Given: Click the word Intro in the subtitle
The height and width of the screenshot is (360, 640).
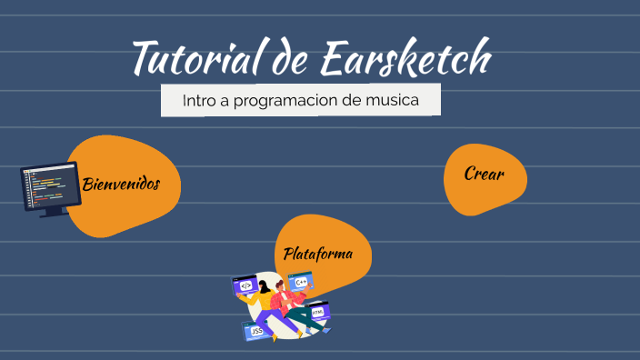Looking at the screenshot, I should (x=198, y=100).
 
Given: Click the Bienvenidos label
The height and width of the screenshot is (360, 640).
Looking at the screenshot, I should (x=121, y=185).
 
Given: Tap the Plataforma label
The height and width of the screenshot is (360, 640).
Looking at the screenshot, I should (x=318, y=254).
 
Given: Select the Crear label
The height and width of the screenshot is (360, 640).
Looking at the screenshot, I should (x=484, y=174).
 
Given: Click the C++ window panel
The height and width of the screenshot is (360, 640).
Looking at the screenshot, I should (x=301, y=282).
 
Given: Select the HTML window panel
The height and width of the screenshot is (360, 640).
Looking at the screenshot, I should (x=317, y=313).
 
